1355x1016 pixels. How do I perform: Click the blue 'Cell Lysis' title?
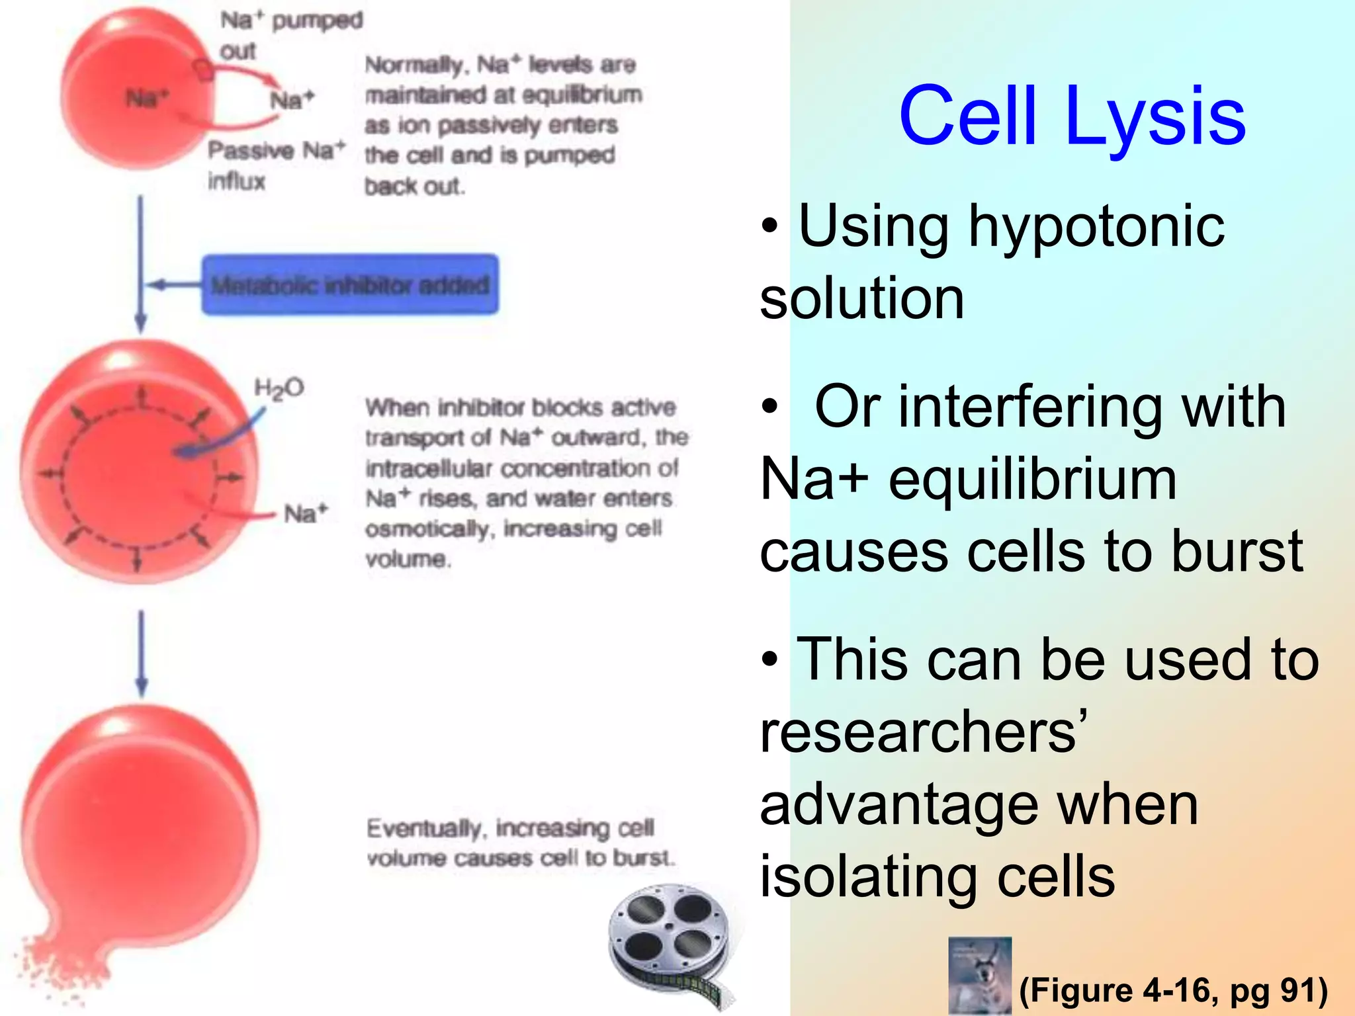1072,116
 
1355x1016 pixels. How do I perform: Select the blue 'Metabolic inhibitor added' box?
350,285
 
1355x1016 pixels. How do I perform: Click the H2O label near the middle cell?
279,388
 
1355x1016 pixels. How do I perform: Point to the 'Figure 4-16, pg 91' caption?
1173,990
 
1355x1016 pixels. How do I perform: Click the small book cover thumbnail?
979,975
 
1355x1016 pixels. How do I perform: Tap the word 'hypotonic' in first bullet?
1096,227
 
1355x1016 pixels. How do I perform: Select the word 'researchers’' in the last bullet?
924,732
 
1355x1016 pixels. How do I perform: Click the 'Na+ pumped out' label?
291,34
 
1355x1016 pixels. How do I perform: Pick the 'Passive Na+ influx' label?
275,164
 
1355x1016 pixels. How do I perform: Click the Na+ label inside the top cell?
147,99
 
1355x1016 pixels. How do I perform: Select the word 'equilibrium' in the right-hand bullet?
1032,480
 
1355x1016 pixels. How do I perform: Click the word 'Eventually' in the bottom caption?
424,828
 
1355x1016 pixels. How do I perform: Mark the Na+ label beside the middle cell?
306,513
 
